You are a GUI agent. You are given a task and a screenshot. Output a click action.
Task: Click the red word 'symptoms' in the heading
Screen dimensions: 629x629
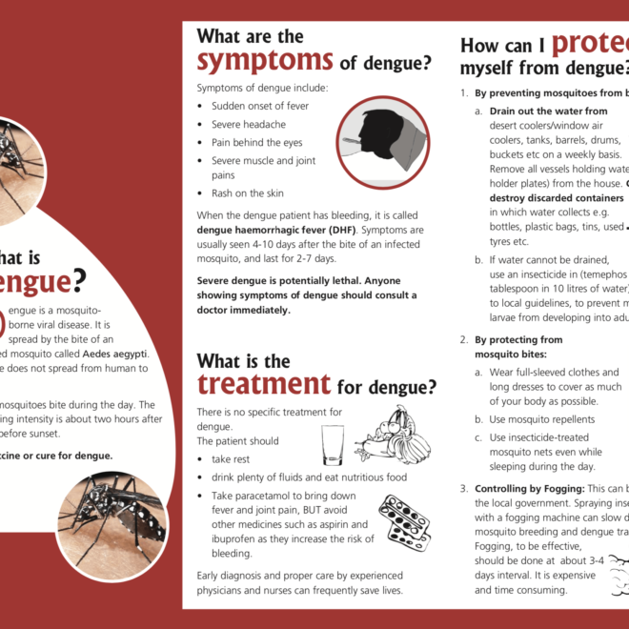265,61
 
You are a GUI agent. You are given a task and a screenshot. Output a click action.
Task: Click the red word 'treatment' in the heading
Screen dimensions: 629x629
264,383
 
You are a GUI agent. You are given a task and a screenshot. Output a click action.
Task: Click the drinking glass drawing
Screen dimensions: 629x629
333,444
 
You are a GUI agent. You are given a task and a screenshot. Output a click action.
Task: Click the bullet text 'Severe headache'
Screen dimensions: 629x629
248,125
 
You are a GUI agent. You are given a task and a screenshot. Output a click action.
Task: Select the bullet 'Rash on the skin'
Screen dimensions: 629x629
247,193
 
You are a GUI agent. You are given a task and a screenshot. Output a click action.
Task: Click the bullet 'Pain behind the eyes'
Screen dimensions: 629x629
256,143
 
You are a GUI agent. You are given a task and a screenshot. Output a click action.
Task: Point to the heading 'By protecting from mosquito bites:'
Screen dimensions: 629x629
518,346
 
